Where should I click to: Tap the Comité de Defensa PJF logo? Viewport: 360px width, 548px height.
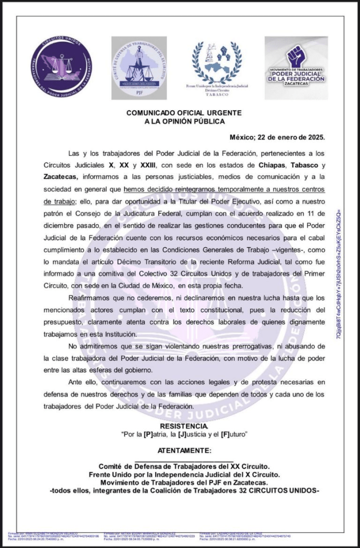click(x=139, y=67)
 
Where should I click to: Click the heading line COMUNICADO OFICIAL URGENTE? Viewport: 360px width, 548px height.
click(x=184, y=113)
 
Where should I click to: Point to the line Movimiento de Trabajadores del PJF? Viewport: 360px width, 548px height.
click(x=184, y=483)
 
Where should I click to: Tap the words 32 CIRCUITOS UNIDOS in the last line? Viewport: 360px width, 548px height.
click(x=283, y=491)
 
